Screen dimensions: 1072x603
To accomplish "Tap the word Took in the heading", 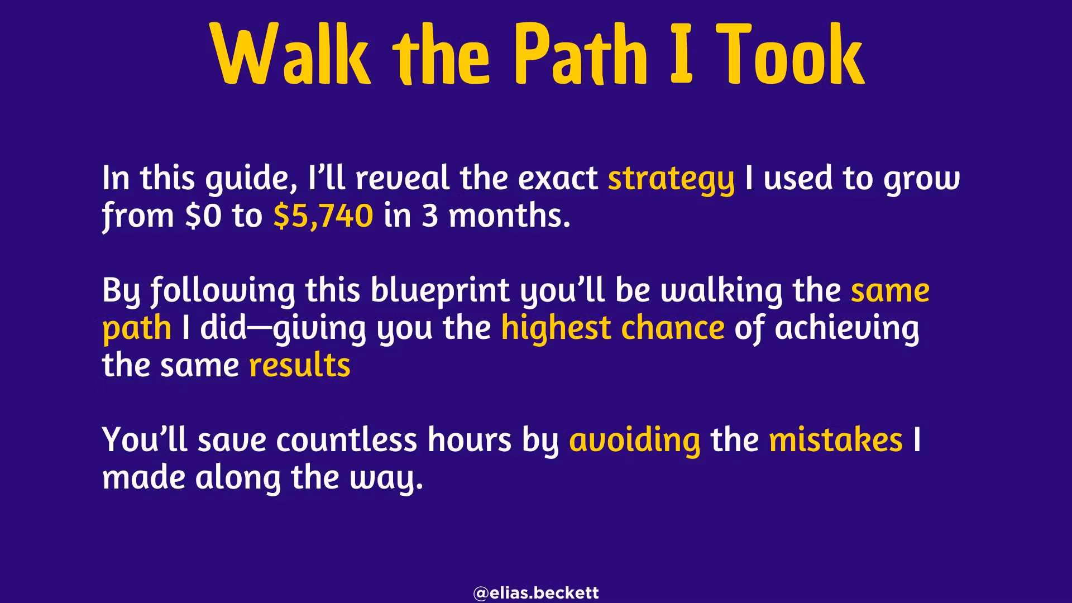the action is (791, 54).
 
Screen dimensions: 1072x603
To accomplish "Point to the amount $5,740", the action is (323, 216).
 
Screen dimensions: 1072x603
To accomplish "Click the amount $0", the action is (204, 216).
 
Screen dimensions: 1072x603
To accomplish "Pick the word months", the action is (510, 216).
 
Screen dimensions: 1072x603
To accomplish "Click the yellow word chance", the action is (673, 328).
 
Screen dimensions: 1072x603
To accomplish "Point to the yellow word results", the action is (300, 365).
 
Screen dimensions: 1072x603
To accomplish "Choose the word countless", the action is (346, 439).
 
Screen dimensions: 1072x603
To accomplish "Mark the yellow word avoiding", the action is (635, 441).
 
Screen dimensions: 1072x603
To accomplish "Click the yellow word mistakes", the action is (836, 439).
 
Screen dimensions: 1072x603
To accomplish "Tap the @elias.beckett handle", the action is (536, 592).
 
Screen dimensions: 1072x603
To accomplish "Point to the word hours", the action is (470, 439).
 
